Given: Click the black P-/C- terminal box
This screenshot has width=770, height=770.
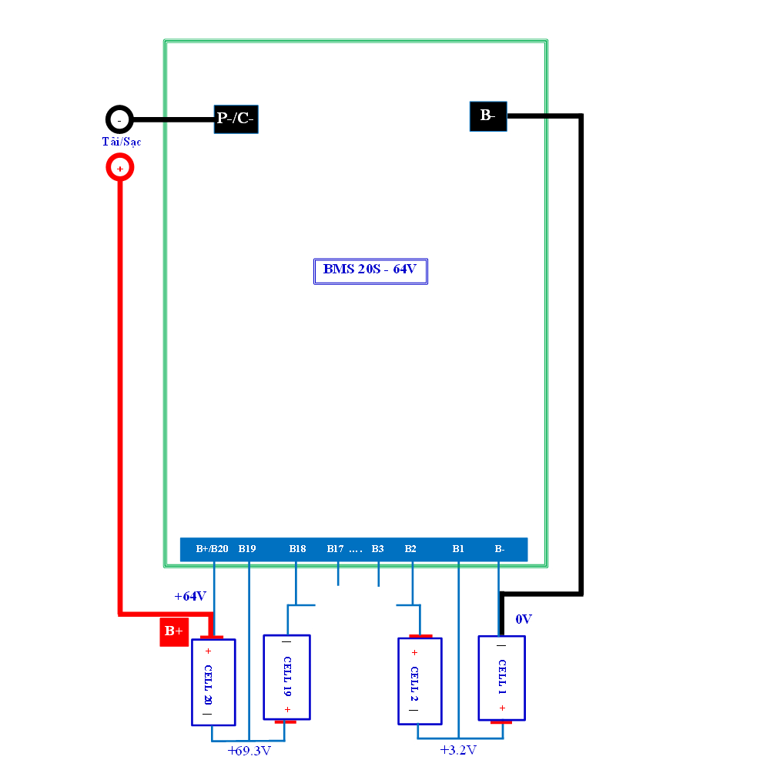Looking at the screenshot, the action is pyautogui.click(x=236, y=119).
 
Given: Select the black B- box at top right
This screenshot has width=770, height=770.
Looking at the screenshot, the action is pyautogui.click(x=488, y=116).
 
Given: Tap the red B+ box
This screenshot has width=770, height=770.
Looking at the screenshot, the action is pyautogui.click(x=174, y=631).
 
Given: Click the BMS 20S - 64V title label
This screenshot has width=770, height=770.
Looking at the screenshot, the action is pyautogui.click(x=370, y=271).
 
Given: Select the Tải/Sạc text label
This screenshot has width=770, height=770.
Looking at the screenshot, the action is pyautogui.click(x=122, y=142).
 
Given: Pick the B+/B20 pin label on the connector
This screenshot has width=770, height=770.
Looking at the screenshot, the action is pyautogui.click(x=213, y=548).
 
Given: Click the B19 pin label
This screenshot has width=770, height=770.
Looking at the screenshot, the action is pyautogui.click(x=247, y=548).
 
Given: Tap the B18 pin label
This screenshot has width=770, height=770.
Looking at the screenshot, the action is pyautogui.click(x=297, y=548).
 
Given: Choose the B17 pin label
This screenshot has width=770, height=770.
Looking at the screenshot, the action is pyautogui.click(x=336, y=548).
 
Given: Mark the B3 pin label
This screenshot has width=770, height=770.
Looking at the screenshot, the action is pyautogui.click(x=377, y=548).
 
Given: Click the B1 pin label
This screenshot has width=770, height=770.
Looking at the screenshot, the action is pyautogui.click(x=458, y=548).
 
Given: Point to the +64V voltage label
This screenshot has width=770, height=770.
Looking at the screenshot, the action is pyautogui.click(x=190, y=596).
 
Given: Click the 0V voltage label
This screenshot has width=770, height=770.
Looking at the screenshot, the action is pyautogui.click(x=524, y=619).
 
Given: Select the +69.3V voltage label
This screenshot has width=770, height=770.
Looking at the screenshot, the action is pyautogui.click(x=249, y=751).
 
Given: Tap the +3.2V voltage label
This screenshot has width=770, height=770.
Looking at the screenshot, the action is pyautogui.click(x=458, y=750).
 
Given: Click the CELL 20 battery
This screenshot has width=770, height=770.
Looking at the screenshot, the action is pyautogui.click(x=213, y=681).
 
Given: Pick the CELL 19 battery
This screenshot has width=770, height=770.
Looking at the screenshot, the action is pyautogui.click(x=286, y=678).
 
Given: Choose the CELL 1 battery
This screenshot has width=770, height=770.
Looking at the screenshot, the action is pyautogui.click(x=502, y=679).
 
